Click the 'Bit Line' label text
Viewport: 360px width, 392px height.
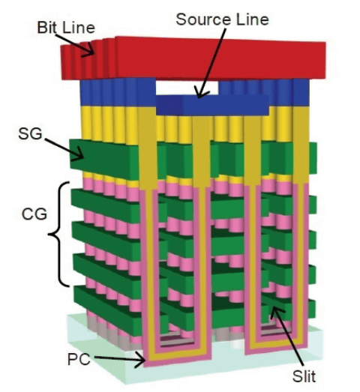[66, 28]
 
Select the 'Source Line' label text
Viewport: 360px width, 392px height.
[223, 19]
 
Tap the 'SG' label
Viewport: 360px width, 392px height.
[30, 133]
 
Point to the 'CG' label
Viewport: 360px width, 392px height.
[34, 214]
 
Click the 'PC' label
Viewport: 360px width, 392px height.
[79, 359]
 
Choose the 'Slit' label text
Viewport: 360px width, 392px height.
[304, 376]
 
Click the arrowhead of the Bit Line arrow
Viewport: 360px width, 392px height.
[89, 51]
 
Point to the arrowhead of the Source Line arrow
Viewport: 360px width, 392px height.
[201, 93]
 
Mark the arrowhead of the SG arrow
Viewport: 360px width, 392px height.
[79, 154]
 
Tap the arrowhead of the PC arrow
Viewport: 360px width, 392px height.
[141, 360]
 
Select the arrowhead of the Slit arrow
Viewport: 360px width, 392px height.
[275, 312]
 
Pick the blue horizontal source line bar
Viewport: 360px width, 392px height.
[213, 105]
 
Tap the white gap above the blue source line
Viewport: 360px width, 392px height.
[187, 88]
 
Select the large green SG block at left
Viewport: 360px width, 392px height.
[103, 157]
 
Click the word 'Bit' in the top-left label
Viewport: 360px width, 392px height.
[46, 28]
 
